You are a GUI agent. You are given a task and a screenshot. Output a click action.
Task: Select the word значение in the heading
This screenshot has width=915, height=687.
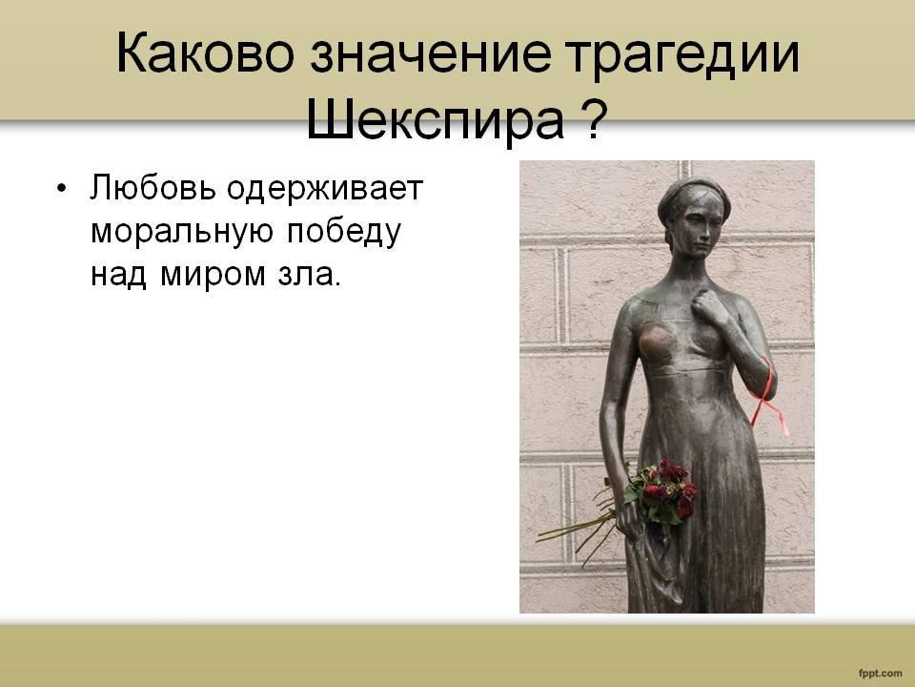click(431, 53)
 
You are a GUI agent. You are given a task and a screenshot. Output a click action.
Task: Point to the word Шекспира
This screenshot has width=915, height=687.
click(435, 121)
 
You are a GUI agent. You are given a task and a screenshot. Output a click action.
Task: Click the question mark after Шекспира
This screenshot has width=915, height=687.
click(591, 120)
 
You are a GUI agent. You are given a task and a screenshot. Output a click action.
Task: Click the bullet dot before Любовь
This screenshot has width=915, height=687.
click(62, 189)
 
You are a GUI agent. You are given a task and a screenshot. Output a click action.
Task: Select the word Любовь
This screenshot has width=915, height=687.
click(152, 188)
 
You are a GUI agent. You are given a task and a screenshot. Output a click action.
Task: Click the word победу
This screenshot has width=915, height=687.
click(344, 230)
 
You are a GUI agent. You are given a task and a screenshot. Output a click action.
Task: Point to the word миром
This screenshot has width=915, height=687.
click(213, 275)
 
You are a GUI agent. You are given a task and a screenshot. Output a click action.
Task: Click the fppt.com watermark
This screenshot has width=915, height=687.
click(880, 673)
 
